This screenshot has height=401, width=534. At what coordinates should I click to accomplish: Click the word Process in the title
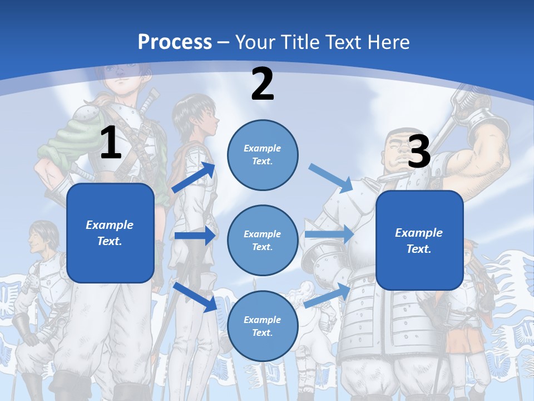click(175, 42)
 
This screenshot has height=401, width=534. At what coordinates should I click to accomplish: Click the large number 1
click(111, 143)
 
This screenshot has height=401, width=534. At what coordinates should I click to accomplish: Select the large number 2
click(263, 84)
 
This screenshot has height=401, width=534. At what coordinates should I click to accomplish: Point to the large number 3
click(419, 151)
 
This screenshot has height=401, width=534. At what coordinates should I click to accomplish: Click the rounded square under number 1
click(110, 233)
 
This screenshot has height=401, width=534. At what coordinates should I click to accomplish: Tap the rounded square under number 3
click(419, 241)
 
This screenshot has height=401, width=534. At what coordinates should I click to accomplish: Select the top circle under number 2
click(263, 155)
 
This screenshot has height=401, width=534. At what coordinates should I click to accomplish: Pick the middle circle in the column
click(263, 241)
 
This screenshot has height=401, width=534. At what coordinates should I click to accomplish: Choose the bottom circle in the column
click(263, 326)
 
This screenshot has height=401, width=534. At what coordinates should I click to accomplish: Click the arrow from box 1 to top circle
click(194, 178)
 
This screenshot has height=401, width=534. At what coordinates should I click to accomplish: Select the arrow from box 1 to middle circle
click(195, 236)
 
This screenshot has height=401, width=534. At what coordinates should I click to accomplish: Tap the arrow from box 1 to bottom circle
click(196, 297)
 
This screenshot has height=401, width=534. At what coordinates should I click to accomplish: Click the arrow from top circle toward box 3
click(330, 178)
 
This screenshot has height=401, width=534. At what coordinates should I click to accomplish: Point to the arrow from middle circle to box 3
click(329, 234)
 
